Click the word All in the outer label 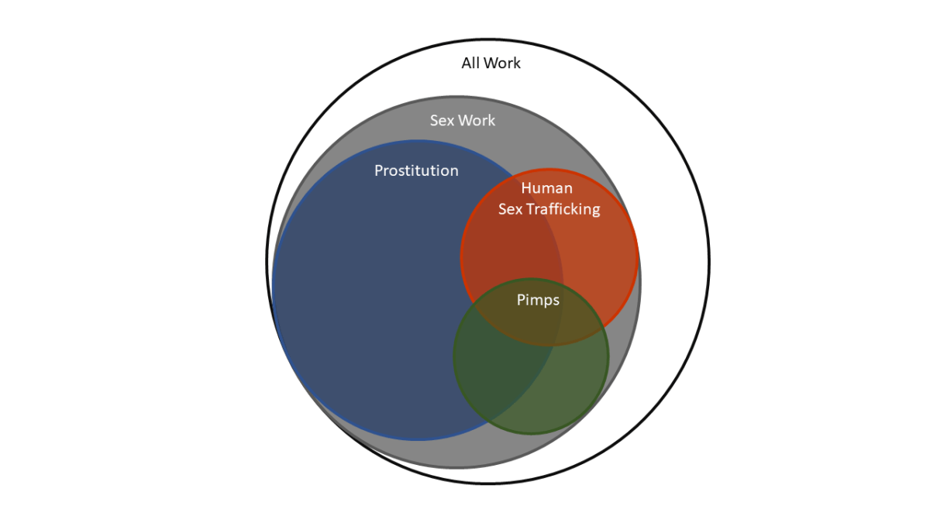tap(471, 64)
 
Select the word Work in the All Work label tap(502, 64)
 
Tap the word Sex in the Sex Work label tap(442, 121)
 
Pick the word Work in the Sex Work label tap(476, 121)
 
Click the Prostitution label tap(416, 170)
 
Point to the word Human tap(546, 188)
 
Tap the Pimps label tap(538, 301)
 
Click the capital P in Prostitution tap(379, 170)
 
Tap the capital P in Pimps tap(521, 301)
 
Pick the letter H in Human tap(526, 188)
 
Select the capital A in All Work tap(466, 64)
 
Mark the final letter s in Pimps tap(556, 301)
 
